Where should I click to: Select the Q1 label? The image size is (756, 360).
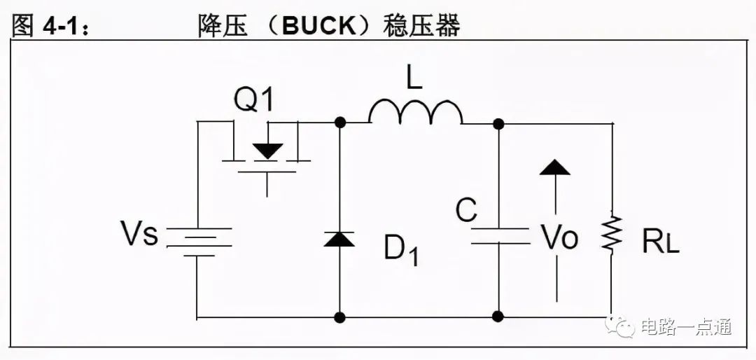[x=253, y=100]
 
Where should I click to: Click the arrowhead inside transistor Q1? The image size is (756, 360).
[x=267, y=151]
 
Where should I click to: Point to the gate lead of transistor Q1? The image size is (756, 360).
[x=267, y=184]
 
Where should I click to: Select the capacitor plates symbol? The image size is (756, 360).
[x=500, y=235]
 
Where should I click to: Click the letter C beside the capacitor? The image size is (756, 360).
[x=466, y=210]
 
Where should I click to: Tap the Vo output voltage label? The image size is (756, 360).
[x=559, y=237]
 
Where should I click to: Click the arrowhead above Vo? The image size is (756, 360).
[x=555, y=167]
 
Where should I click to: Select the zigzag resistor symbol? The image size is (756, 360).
[x=611, y=233]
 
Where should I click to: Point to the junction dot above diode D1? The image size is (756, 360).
[x=340, y=122]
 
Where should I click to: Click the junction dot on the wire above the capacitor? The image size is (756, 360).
[x=498, y=124]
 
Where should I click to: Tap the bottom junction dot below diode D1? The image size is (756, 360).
[x=340, y=317]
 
